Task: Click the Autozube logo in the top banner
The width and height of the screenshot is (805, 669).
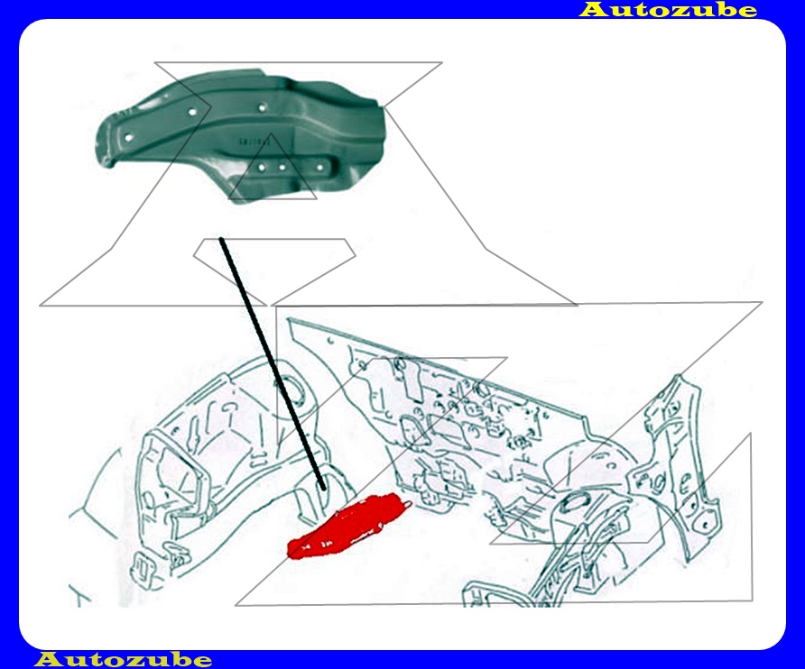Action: pos(668,9)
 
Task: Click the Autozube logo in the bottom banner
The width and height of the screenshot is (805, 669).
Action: pos(123,659)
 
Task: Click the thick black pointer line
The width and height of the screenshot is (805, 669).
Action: pos(273,363)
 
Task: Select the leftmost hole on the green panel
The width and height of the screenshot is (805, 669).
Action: pos(128,137)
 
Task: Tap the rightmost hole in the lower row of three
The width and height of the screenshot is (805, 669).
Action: pos(319,168)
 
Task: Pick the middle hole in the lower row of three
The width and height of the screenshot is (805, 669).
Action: pos(282,168)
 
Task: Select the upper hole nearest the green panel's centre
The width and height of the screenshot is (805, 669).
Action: pos(262,107)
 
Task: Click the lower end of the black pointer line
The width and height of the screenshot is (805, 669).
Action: pos(323,489)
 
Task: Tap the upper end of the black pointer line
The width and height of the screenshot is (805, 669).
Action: pos(221,240)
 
